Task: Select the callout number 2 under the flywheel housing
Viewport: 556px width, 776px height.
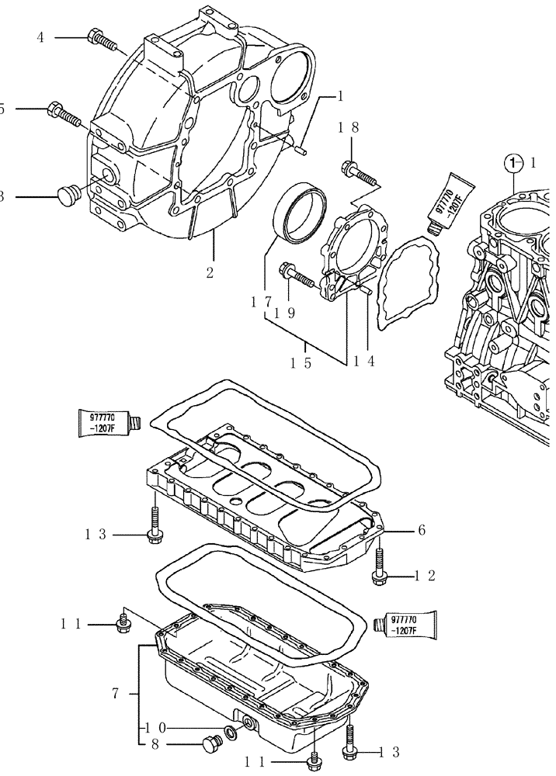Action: [x=210, y=272]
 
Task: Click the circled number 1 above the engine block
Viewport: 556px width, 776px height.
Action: [x=511, y=163]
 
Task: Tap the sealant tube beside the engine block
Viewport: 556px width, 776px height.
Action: [x=447, y=201]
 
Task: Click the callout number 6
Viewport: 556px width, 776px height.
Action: [x=421, y=531]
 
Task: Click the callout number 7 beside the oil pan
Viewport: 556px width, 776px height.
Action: [x=115, y=693]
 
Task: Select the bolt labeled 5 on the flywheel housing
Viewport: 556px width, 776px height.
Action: [x=63, y=113]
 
